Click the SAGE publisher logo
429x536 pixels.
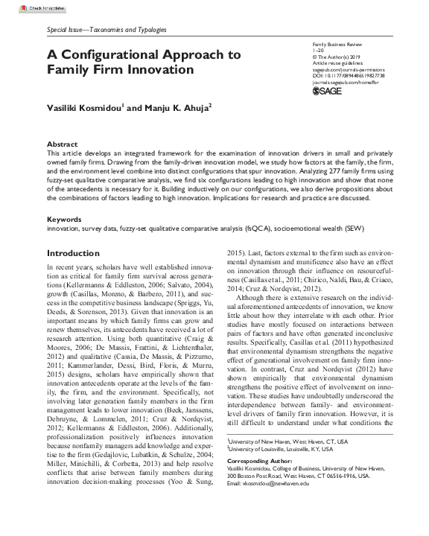(326, 91)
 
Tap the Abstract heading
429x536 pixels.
(62, 144)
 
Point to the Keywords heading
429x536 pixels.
(64, 220)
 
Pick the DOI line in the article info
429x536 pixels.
(349, 75)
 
